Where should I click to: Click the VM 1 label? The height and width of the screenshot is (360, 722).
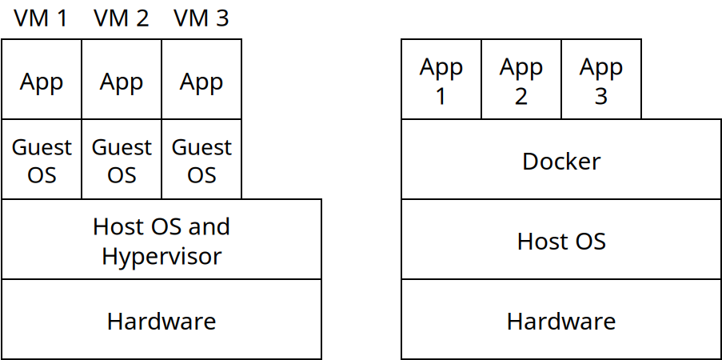pos(41,18)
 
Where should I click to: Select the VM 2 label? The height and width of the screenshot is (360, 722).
pos(121,18)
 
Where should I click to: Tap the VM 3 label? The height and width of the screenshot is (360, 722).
pos(201,18)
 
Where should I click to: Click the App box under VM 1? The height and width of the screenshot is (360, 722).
pos(42,80)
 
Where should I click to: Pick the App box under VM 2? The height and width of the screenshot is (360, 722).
pos(122,80)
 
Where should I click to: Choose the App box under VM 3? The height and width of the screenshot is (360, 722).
pos(201,80)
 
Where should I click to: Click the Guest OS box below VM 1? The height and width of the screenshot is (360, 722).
pos(42,160)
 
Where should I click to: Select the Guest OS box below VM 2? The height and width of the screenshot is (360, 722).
pos(122,160)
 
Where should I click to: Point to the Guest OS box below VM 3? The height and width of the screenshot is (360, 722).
pos(201,160)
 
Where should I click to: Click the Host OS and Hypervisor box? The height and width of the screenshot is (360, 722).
pos(162,240)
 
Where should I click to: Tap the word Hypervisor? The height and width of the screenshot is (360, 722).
pos(162,256)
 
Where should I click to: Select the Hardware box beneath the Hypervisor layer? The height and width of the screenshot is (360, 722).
pos(162,320)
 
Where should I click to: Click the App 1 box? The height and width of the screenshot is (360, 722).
pos(441,80)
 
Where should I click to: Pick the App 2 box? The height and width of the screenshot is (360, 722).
pos(521,80)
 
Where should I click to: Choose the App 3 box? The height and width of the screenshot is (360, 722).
pos(601,80)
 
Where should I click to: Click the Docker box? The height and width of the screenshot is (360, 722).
pos(561,161)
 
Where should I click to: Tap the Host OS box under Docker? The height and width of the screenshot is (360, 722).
pos(561,240)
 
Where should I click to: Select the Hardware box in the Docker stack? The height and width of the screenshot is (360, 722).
pos(561,320)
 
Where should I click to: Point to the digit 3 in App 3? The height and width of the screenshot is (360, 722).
pos(601,96)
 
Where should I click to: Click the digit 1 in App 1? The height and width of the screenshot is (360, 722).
pos(441,96)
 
